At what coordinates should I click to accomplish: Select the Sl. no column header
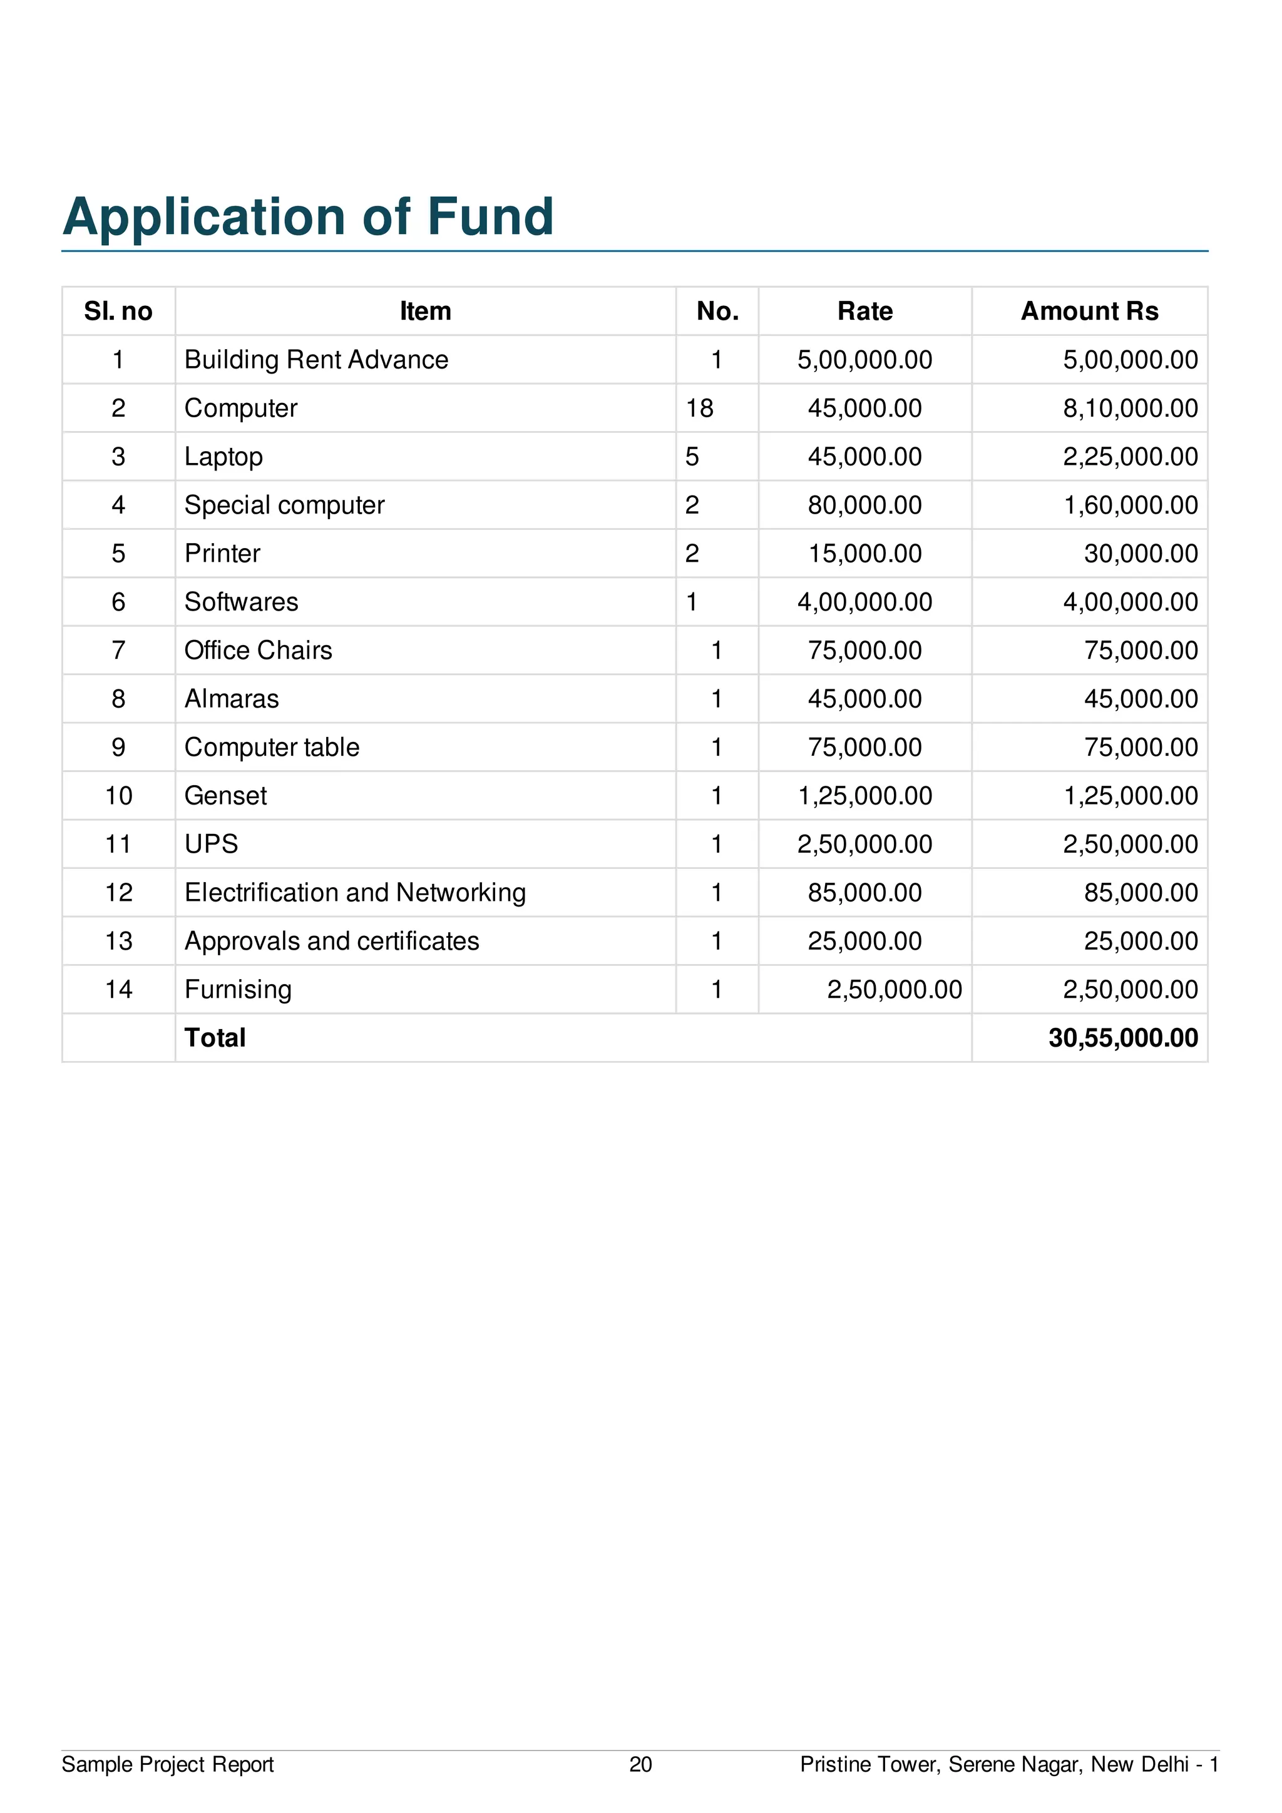click(118, 311)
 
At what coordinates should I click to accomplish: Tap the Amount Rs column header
click(1089, 311)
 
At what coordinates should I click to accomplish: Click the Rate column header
click(865, 311)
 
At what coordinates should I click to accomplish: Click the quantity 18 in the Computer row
click(699, 409)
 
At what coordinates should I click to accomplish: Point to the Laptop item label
click(223, 457)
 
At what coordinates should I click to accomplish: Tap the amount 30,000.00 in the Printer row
click(1141, 554)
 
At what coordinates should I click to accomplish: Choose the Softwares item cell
click(241, 602)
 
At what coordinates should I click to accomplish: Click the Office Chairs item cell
click(259, 651)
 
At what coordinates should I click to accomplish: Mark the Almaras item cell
click(232, 699)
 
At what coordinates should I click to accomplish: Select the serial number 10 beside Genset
click(118, 796)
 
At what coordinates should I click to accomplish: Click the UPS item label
click(211, 844)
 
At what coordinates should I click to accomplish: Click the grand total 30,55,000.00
click(1122, 1039)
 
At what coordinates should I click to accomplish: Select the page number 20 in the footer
click(640, 1765)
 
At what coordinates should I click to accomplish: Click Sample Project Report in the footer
click(168, 1765)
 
